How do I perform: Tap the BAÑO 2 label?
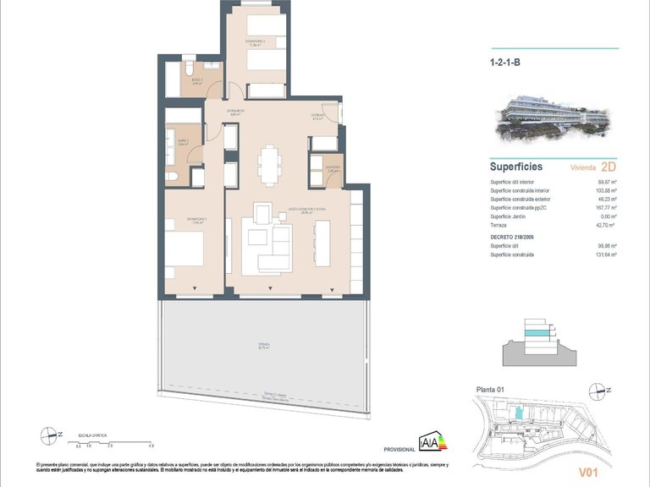[196, 82]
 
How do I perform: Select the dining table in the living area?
[269, 164]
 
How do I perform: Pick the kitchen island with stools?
[322, 242]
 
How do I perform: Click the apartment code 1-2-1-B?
[507, 61]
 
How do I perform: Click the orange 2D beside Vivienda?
[607, 167]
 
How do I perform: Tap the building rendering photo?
[553, 116]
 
